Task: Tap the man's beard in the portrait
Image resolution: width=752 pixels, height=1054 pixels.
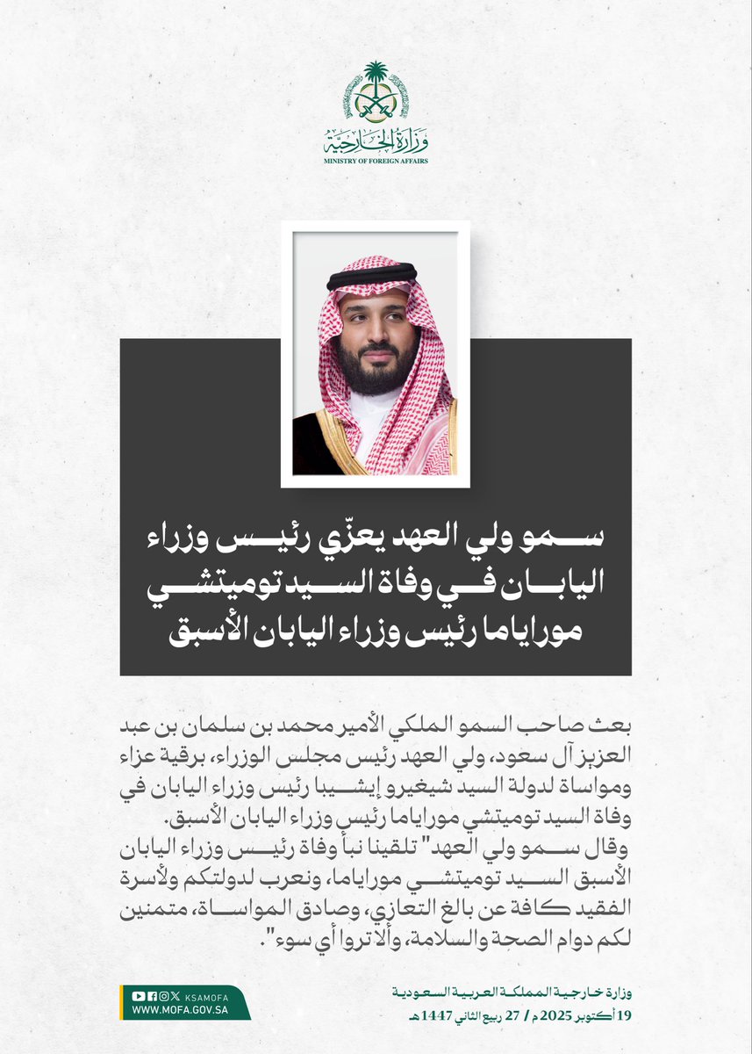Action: point(376,369)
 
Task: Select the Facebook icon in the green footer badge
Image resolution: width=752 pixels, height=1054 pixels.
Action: point(151,995)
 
